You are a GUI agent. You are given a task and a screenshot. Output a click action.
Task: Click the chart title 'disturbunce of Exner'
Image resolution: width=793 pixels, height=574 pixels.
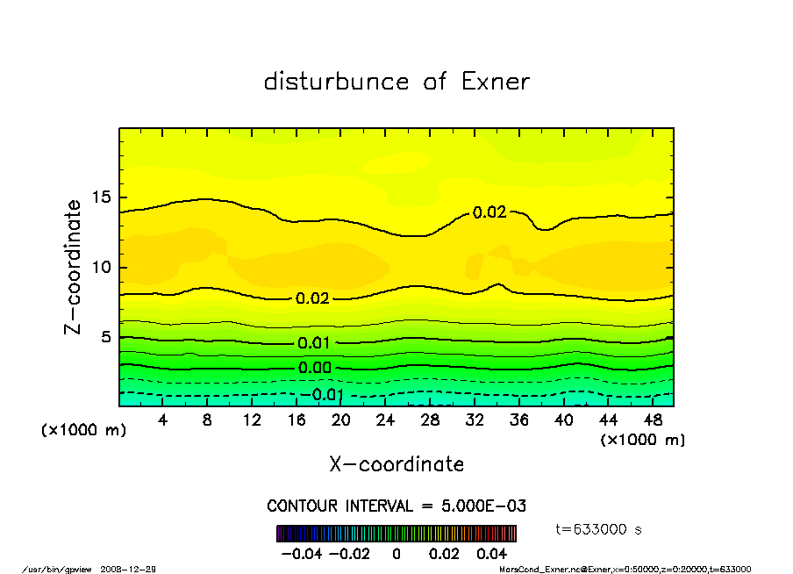pos(396,82)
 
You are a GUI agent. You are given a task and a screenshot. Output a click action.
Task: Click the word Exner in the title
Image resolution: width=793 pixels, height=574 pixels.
pos(495,82)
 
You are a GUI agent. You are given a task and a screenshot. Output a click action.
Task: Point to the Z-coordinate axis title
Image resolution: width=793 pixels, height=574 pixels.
pos(74,267)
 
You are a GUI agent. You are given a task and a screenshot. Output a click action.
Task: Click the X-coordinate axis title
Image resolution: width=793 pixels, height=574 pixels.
pos(396,464)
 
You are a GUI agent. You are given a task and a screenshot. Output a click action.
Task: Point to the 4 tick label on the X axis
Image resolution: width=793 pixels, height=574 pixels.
pos(163,420)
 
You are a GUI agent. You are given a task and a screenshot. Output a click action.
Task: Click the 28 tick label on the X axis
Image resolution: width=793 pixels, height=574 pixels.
pos(430,420)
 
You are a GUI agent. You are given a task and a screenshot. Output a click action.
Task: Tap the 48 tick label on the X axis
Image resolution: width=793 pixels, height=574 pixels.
pos(652,420)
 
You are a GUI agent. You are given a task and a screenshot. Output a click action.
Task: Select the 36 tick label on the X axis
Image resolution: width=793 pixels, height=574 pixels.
pos(518,420)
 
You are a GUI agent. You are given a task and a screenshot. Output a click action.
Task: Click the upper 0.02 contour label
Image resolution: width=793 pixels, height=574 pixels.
pos(489,212)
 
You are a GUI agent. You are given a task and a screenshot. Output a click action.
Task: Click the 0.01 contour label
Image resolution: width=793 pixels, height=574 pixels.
pos(313,343)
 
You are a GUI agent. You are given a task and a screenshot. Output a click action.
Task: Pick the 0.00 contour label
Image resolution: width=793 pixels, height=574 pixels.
pos(313,368)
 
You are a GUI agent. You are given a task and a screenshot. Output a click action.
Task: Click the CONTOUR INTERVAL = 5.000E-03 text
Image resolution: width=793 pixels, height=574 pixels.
pos(396,506)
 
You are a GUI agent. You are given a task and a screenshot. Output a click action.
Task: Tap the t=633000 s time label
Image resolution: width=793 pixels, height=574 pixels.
pos(600,529)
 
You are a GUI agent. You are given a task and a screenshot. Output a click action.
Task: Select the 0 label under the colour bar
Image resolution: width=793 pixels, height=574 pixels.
pos(396,554)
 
